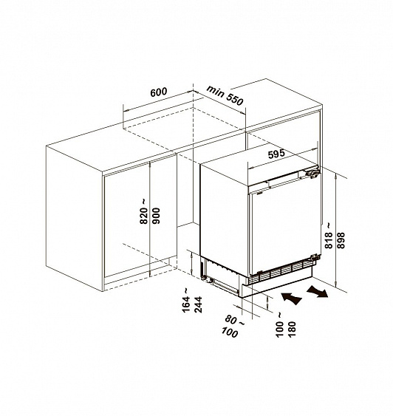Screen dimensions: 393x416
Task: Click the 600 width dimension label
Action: coord(159,92)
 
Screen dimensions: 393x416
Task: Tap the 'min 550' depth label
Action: coord(225,95)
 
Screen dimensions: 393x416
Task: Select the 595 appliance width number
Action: coord(276,154)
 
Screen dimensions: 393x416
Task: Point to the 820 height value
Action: coord(144,216)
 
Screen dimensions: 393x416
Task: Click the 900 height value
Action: coord(157,216)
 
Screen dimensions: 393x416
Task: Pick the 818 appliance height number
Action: coord(329,240)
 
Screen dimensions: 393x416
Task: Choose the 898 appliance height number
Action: coord(341,240)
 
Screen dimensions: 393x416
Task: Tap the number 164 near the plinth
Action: coord(186,304)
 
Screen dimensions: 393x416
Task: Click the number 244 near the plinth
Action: coord(198,304)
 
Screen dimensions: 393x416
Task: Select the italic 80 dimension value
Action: coord(230,319)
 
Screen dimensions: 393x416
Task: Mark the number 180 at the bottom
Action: coord(292,330)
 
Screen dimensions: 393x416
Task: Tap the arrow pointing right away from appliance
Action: coord(317,291)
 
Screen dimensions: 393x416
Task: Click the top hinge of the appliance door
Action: coord(313,173)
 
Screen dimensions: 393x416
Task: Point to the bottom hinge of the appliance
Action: coord(315,256)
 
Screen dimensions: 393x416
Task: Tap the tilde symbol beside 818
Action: coord(328,226)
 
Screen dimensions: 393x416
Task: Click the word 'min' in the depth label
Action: coord(215,91)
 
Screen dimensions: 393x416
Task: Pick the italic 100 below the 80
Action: coord(230,333)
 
